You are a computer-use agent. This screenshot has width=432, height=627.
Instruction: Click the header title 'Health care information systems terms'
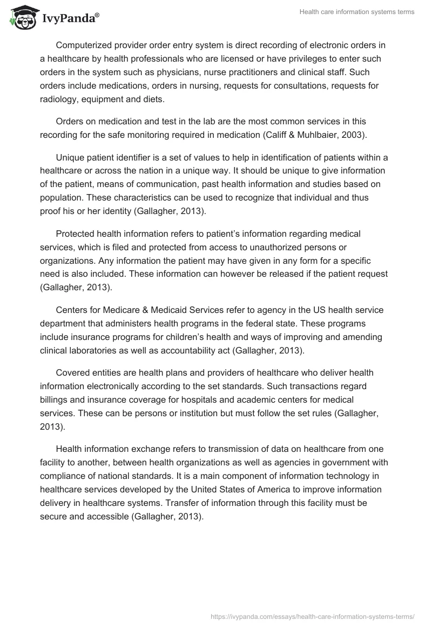[357, 12]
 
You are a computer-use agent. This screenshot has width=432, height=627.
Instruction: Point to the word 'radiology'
[59, 99]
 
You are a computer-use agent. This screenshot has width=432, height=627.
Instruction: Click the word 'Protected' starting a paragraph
[76, 234]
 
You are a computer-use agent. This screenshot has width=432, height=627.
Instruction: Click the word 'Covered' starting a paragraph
[72, 373]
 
